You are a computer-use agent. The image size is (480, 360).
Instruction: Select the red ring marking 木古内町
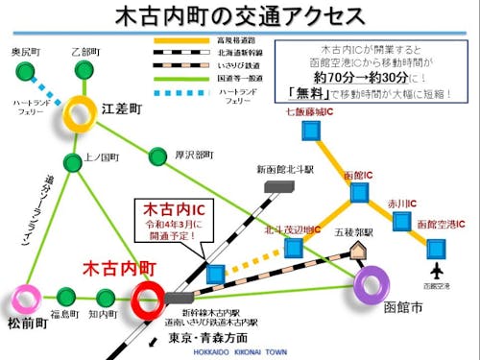(x=150, y=298)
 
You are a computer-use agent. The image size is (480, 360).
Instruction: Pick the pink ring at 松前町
(x=26, y=298)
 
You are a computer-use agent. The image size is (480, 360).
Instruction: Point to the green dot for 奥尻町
(x=19, y=70)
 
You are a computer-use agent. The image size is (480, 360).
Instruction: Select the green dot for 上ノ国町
(x=72, y=160)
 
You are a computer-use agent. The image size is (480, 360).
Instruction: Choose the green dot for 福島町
(x=66, y=297)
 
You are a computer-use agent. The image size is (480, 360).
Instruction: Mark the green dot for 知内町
(x=105, y=297)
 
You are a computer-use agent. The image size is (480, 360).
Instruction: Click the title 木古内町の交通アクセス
(x=239, y=17)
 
